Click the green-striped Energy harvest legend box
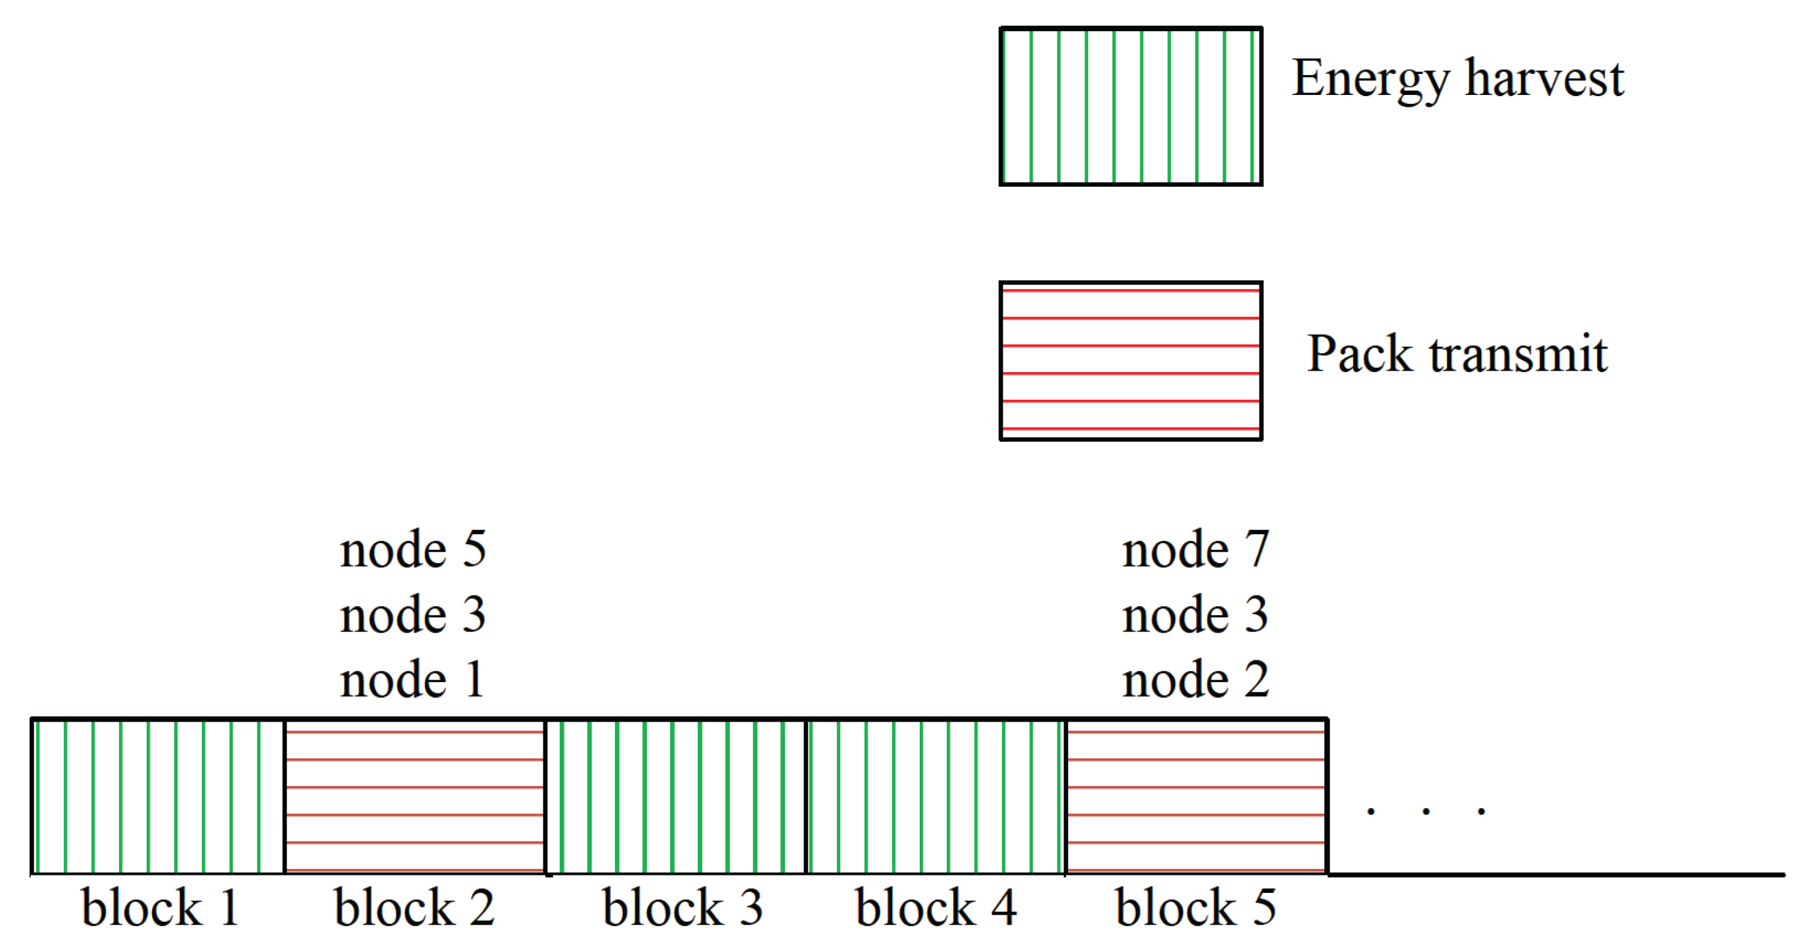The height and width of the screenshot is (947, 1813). (1130, 106)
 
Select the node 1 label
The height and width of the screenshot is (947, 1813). (412, 680)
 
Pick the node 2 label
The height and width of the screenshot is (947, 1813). (1195, 680)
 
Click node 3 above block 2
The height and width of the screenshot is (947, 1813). (412, 614)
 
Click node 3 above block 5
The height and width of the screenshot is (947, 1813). (1195, 614)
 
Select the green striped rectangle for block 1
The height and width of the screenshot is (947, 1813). (158, 796)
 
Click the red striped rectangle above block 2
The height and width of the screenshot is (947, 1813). (415, 796)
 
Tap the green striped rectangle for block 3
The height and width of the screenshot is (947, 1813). (676, 796)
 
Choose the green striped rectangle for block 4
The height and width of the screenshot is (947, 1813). (935, 796)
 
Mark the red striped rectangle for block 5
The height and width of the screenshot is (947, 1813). (1196, 796)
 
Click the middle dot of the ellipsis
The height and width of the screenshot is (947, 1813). (1426, 811)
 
